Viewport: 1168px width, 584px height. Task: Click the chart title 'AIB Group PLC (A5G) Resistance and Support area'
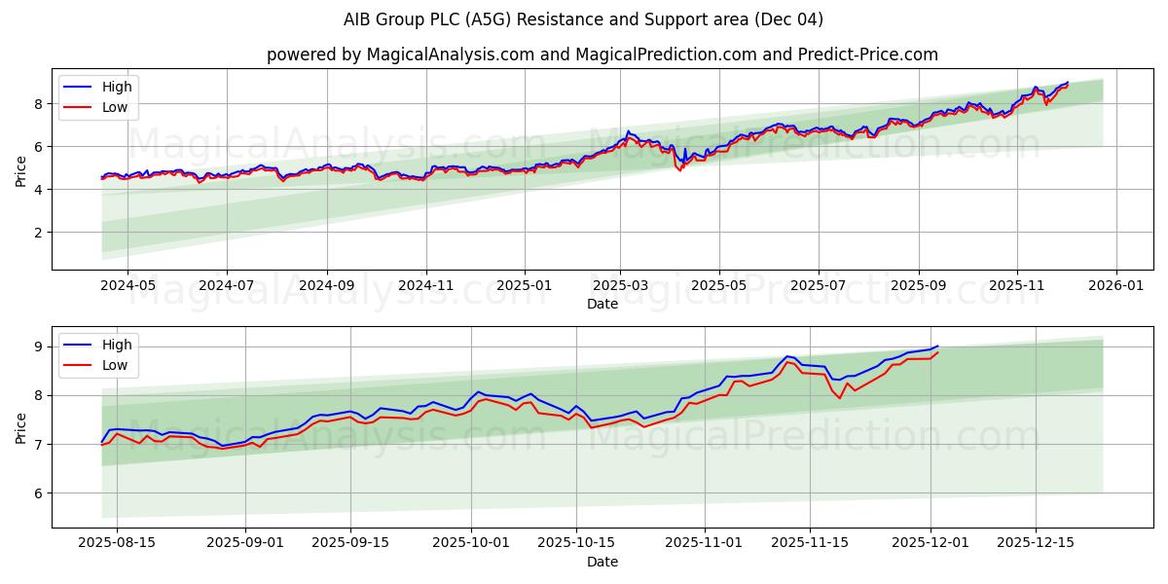583,19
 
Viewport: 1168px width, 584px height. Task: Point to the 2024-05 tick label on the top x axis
128,285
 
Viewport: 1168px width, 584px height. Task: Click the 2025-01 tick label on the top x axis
525,285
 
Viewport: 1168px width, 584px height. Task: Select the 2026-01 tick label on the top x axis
1115,285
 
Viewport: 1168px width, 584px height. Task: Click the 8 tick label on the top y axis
39,103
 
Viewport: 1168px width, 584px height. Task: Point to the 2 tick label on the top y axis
39,232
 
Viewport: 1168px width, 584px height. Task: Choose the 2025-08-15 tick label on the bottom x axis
117,542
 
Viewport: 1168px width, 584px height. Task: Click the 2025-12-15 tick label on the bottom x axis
1037,542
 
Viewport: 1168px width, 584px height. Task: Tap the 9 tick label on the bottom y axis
39,347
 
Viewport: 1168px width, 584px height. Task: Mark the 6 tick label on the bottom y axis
39,493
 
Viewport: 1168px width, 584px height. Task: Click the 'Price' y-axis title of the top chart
20,169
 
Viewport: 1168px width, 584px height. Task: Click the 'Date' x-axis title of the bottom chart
602,562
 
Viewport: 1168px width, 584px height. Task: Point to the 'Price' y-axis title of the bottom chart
20,426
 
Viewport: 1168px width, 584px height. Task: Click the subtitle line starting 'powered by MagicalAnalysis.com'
602,55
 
